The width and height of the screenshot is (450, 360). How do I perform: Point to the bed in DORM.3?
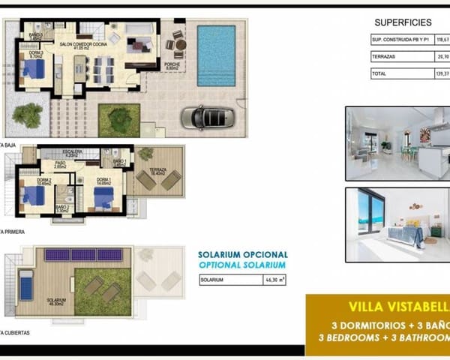(33, 70)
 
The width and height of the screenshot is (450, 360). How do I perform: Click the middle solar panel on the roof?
(85, 255)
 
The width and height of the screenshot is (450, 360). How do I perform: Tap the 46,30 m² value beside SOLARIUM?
(268, 280)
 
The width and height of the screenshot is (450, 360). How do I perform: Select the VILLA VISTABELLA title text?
(398, 307)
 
